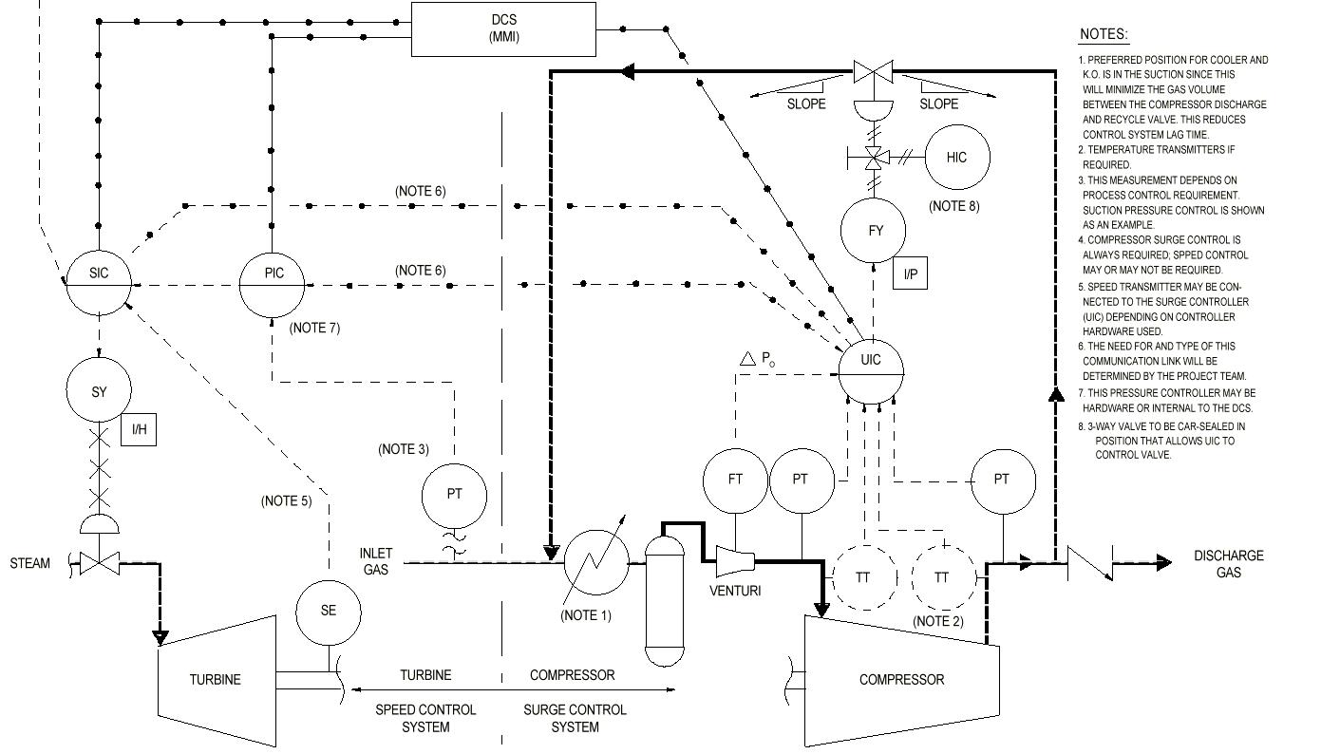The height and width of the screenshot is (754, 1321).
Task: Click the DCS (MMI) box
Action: click(503, 28)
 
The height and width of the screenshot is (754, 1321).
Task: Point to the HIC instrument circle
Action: click(956, 158)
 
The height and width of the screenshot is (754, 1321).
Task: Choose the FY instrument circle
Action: click(874, 230)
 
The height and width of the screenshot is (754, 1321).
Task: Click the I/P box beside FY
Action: click(910, 274)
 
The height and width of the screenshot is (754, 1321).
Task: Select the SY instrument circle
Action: click(99, 391)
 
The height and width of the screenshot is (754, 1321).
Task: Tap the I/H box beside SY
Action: click(139, 430)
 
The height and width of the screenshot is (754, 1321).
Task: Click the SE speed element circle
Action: click(329, 611)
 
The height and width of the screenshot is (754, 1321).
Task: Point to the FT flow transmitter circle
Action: click(735, 480)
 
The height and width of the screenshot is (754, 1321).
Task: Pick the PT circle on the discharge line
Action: click(1002, 480)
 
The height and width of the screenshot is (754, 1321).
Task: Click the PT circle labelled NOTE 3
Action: click(454, 495)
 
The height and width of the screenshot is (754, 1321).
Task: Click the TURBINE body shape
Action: click(217, 680)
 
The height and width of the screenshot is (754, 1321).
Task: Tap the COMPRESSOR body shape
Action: click(901, 680)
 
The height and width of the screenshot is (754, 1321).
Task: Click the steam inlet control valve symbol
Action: click(97, 564)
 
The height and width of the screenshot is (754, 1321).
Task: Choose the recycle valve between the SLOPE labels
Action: click(871, 71)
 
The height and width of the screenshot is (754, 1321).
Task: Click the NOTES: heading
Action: click(1104, 35)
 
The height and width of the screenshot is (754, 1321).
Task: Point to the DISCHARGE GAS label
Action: click(1228, 564)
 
